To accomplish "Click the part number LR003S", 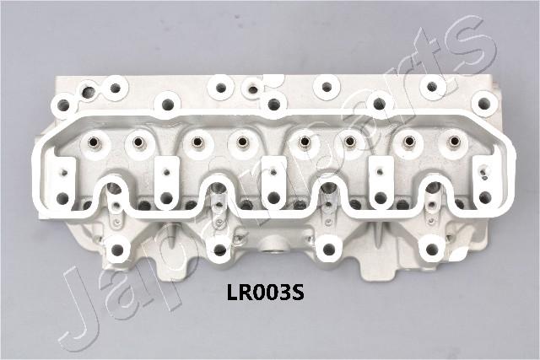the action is pyautogui.click(x=265, y=293).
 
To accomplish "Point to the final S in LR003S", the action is pyautogui.click(x=298, y=293).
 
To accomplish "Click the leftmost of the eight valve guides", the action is pyautogui.click(x=94, y=141).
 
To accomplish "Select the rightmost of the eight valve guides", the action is pyautogui.click(x=455, y=141).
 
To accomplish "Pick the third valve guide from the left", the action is pyautogui.click(x=197, y=141).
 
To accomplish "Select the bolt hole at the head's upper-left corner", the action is pyautogui.click(x=63, y=103).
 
